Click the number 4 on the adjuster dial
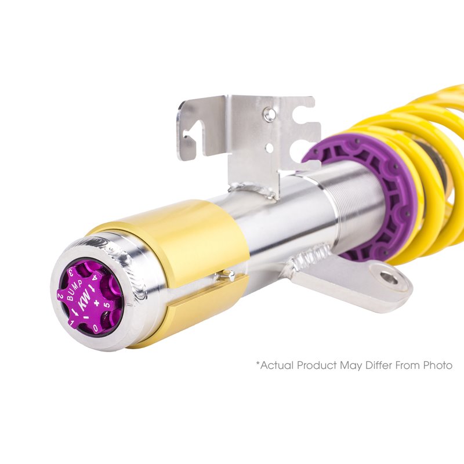(95, 277)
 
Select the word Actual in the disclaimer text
(276, 366)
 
